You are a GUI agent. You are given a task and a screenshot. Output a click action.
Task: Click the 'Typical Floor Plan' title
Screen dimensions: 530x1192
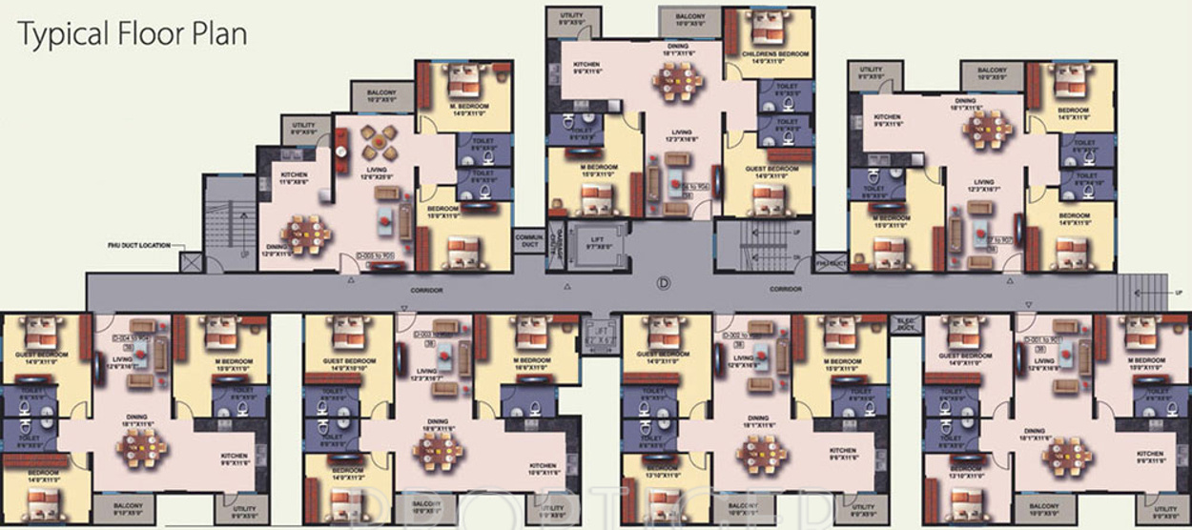click(133, 35)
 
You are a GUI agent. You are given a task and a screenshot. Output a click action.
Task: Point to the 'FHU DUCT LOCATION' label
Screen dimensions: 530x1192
click(138, 246)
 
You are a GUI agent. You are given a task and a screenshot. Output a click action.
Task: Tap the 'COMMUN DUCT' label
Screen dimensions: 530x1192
click(528, 238)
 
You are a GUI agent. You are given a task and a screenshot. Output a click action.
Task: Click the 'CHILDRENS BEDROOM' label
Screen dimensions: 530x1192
click(769, 57)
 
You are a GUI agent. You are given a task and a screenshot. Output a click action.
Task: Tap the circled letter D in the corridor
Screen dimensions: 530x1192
click(664, 283)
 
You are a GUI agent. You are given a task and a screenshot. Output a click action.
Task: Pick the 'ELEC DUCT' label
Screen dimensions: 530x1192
click(904, 323)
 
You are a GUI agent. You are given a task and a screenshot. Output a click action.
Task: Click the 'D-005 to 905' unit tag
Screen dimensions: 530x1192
click(376, 256)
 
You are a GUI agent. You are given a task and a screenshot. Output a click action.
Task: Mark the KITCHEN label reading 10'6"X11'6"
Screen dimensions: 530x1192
click(543, 470)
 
